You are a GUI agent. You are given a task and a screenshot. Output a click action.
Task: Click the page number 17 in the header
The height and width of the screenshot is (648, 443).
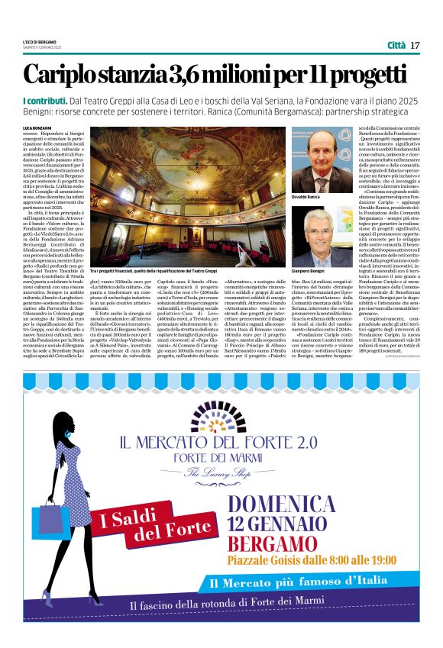click(x=416, y=45)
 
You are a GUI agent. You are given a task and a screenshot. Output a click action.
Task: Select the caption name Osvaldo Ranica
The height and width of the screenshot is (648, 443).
click(x=308, y=197)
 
